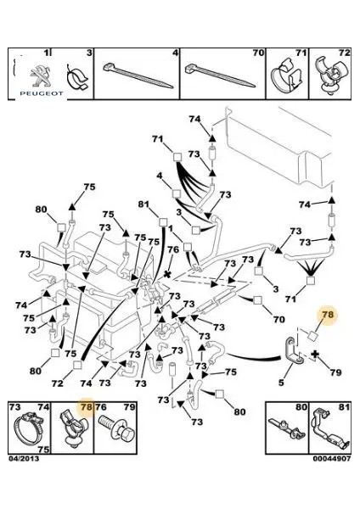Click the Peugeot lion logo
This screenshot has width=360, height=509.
[x=41, y=76]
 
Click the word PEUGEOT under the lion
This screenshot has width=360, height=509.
[x=42, y=93]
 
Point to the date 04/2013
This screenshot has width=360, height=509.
[x=24, y=459]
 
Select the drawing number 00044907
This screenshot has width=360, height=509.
[x=332, y=459]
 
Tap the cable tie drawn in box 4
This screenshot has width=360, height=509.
[x=138, y=76]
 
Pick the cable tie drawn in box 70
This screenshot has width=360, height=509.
[x=220, y=76]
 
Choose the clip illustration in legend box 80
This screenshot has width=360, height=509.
[x=287, y=428]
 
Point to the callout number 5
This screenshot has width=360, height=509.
[x=281, y=383]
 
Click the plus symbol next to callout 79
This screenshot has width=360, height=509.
[x=314, y=355]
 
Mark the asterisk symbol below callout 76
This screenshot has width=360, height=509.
[x=167, y=274]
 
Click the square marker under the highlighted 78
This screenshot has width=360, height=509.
[x=312, y=336]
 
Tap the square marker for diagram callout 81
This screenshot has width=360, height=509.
[x=163, y=222]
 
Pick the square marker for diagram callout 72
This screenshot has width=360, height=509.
[x=77, y=365]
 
